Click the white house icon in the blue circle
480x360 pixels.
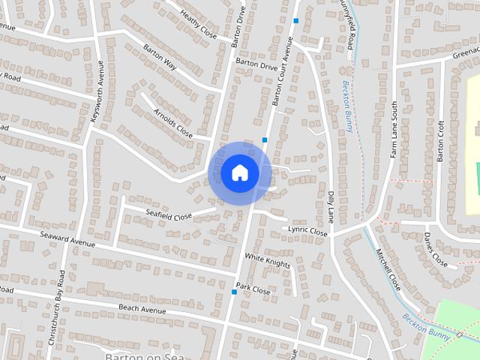pyautogui.click(x=239, y=172)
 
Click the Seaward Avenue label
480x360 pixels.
pyautogui.click(x=68, y=238)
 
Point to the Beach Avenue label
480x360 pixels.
pyautogui.click(x=142, y=309)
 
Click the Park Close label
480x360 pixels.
pyautogui.click(x=253, y=288)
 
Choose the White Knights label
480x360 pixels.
pyautogui.click(x=268, y=260)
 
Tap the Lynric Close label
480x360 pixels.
pyautogui.click(x=308, y=231)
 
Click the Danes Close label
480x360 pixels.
pyautogui.click(x=435, y=250)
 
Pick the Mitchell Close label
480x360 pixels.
pyautogui.click(x=388, y=270)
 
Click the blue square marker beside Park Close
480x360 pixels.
pyautogui.click(x=234, y=292)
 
